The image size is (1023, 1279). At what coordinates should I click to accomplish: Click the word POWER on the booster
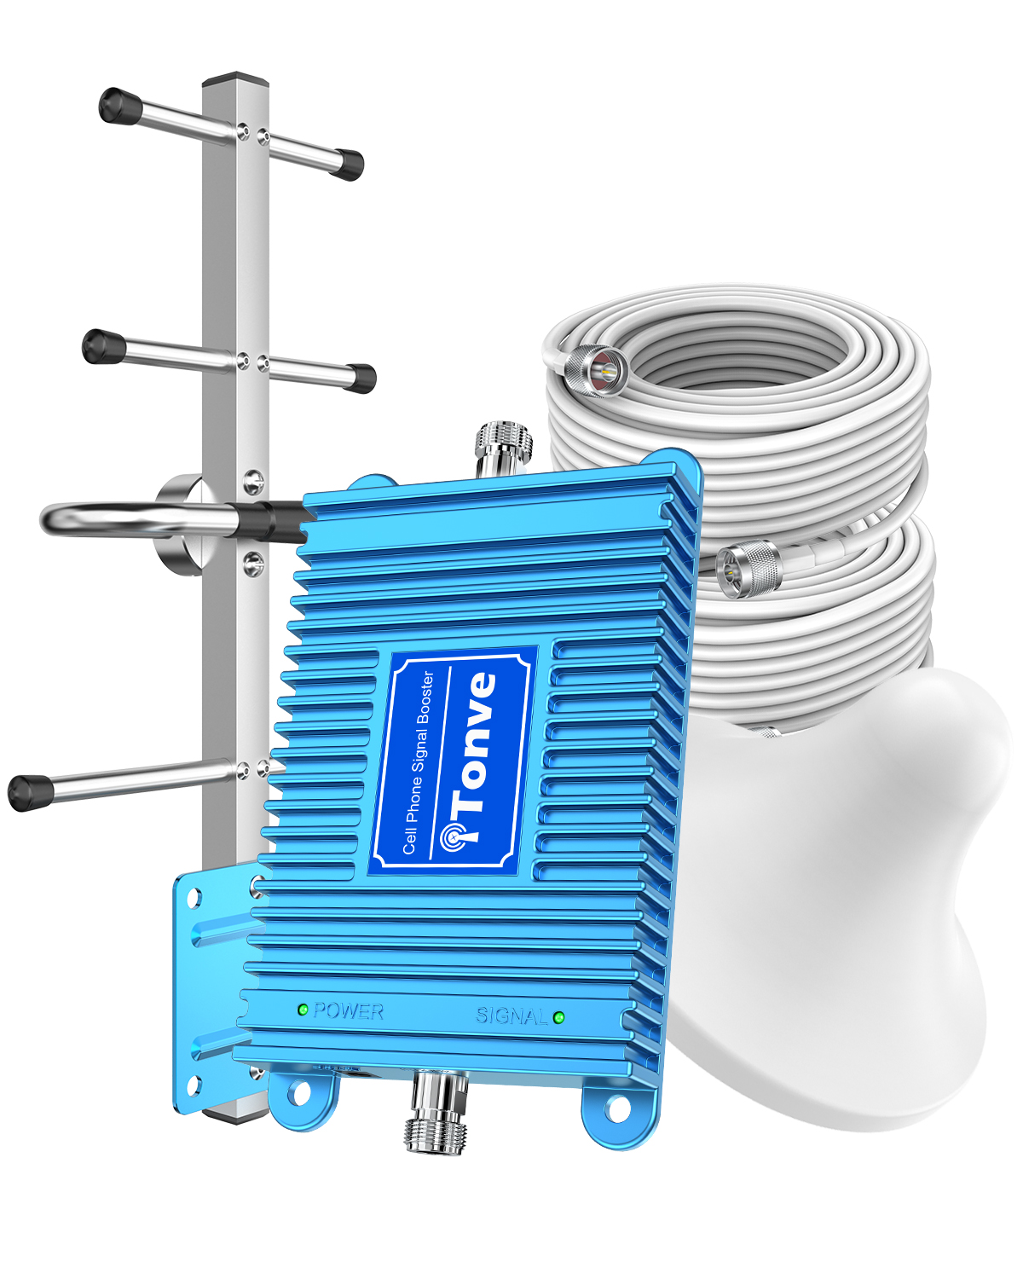pyautogui.click(x=348, y=1011)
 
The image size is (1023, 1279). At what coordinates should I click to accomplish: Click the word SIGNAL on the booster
pyautogui.click(x=511, y=1016)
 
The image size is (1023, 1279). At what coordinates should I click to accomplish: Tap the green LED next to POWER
pyautogui.click(x=303, y=1010)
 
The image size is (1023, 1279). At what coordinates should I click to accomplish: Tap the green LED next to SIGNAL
pyautogui.click(x=558, y=1017)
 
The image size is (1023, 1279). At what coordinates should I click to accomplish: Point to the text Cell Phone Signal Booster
pyautogui.click(x=418, y=762)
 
